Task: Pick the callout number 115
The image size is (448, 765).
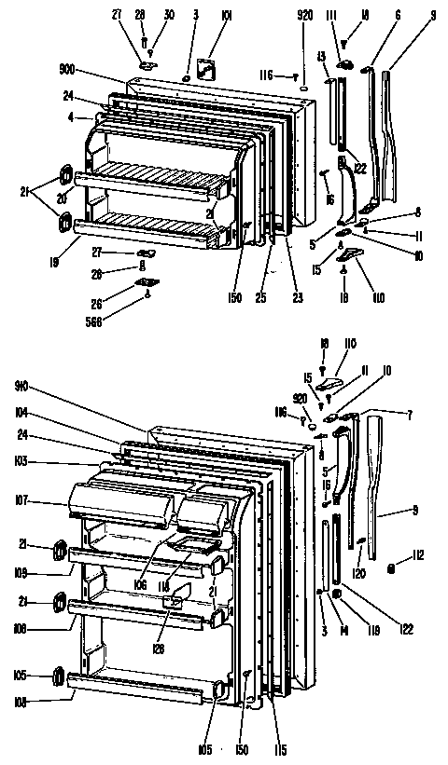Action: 280,749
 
